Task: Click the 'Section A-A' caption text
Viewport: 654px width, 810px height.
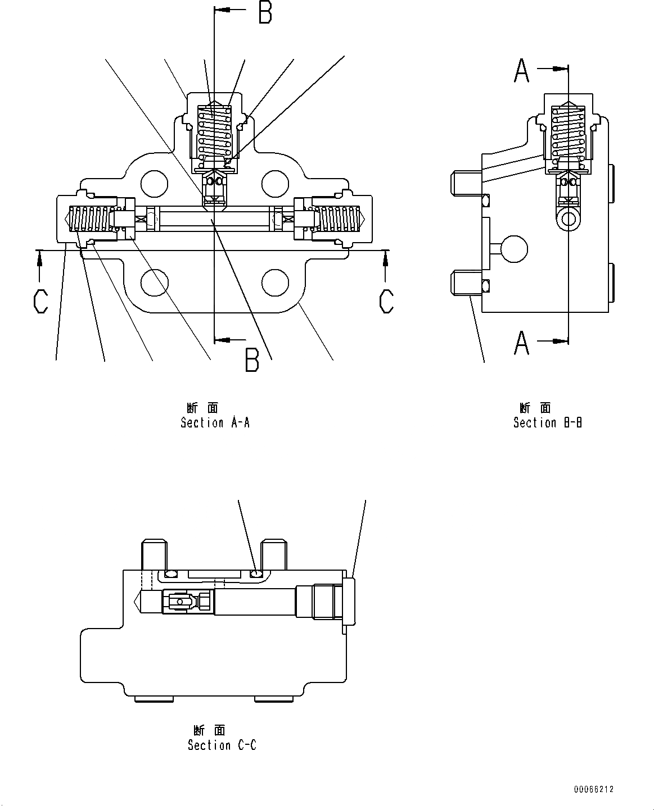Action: click(x=215, y=423)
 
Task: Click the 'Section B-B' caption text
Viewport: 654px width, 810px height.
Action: click(x=547, y=423)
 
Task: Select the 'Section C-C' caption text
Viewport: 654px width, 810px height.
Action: click(x=222, y=745)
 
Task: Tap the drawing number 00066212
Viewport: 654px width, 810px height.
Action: click(x=593, y=789)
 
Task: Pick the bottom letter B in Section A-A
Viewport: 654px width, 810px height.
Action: click(x=252, y=361)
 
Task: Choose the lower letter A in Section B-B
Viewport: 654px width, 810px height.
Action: click(x=522, y=343)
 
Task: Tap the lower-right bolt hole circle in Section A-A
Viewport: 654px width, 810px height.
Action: click(x=276, y=283)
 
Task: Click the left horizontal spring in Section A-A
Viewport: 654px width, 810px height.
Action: click(x=90, y=219)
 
